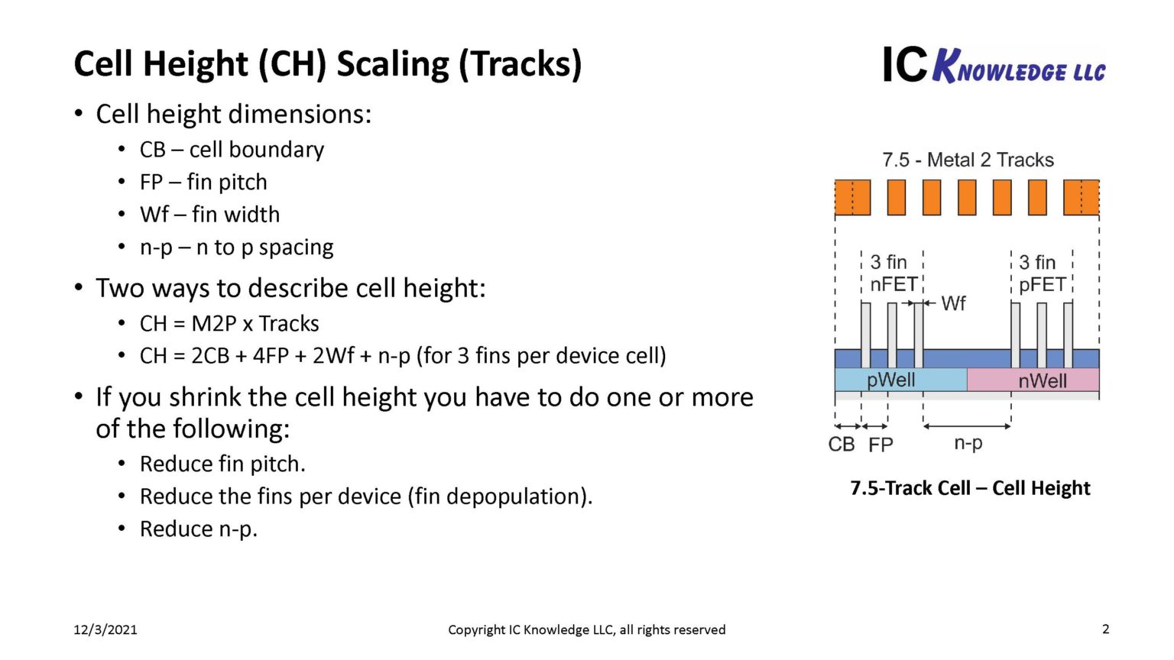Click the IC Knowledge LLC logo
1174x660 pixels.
click(994, 65)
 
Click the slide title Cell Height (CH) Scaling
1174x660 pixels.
click(327, 64)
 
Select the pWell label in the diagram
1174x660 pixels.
click(890, 380)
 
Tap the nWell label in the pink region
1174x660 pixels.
click(1042, 380)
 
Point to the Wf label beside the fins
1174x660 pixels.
click(953, 303)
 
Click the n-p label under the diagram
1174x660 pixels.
click(968, 443)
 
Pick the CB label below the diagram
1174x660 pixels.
click(841, 445)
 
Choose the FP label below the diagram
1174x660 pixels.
click(880, 445)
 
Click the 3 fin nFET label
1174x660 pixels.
click(893, 273)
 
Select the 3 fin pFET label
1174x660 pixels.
click(1042, 273)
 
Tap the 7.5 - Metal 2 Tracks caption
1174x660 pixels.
click(968, 160)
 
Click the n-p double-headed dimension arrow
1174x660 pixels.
click(967, 426)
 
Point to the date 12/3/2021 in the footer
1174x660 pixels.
click(105, 629)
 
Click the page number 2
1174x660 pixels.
click(1105, 629)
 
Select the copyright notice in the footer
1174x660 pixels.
click(586, 629)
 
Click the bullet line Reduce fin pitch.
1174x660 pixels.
click(222, 464)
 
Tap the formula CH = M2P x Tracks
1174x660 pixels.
click(229, 323)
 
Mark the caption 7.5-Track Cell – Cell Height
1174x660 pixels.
click(970, 488)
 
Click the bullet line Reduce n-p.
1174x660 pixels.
click(199, 529)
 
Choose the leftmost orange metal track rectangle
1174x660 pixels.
click(852, 197)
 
